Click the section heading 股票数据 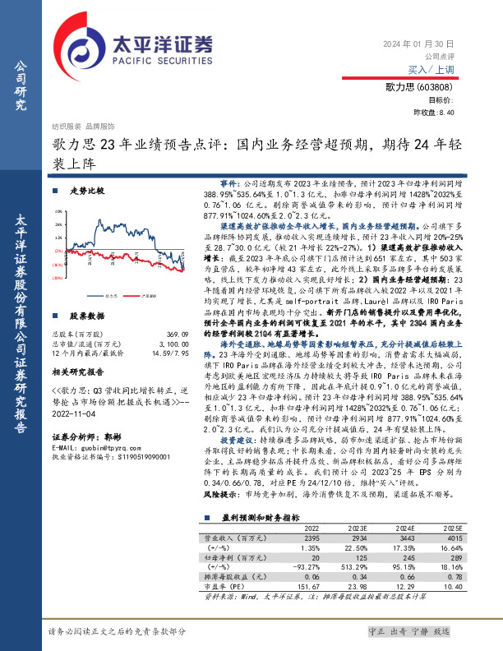tap(86, 316)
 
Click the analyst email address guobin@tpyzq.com tap(104, 447)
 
